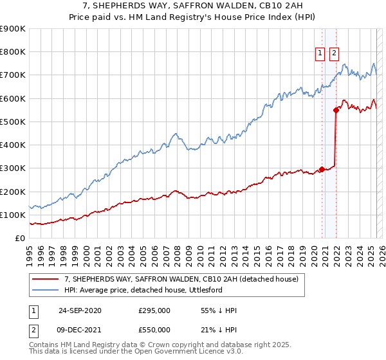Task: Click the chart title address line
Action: click(x=192, y=6)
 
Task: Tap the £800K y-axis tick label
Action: click(x=13, y=52)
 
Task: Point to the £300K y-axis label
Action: click(x=13, y=168)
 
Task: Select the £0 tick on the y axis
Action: click(x=21, y=239)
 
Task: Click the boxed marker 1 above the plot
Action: click(x=320, y=54)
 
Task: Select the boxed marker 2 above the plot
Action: click(x=335, y=54)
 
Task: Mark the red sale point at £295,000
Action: click(x=322, y=170)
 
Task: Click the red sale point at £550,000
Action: click(x=336, y=110)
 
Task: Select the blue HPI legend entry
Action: click(x=152, y=291)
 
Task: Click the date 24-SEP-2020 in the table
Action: click(x=80, y=310)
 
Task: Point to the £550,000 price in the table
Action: click(x=154, y=330)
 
